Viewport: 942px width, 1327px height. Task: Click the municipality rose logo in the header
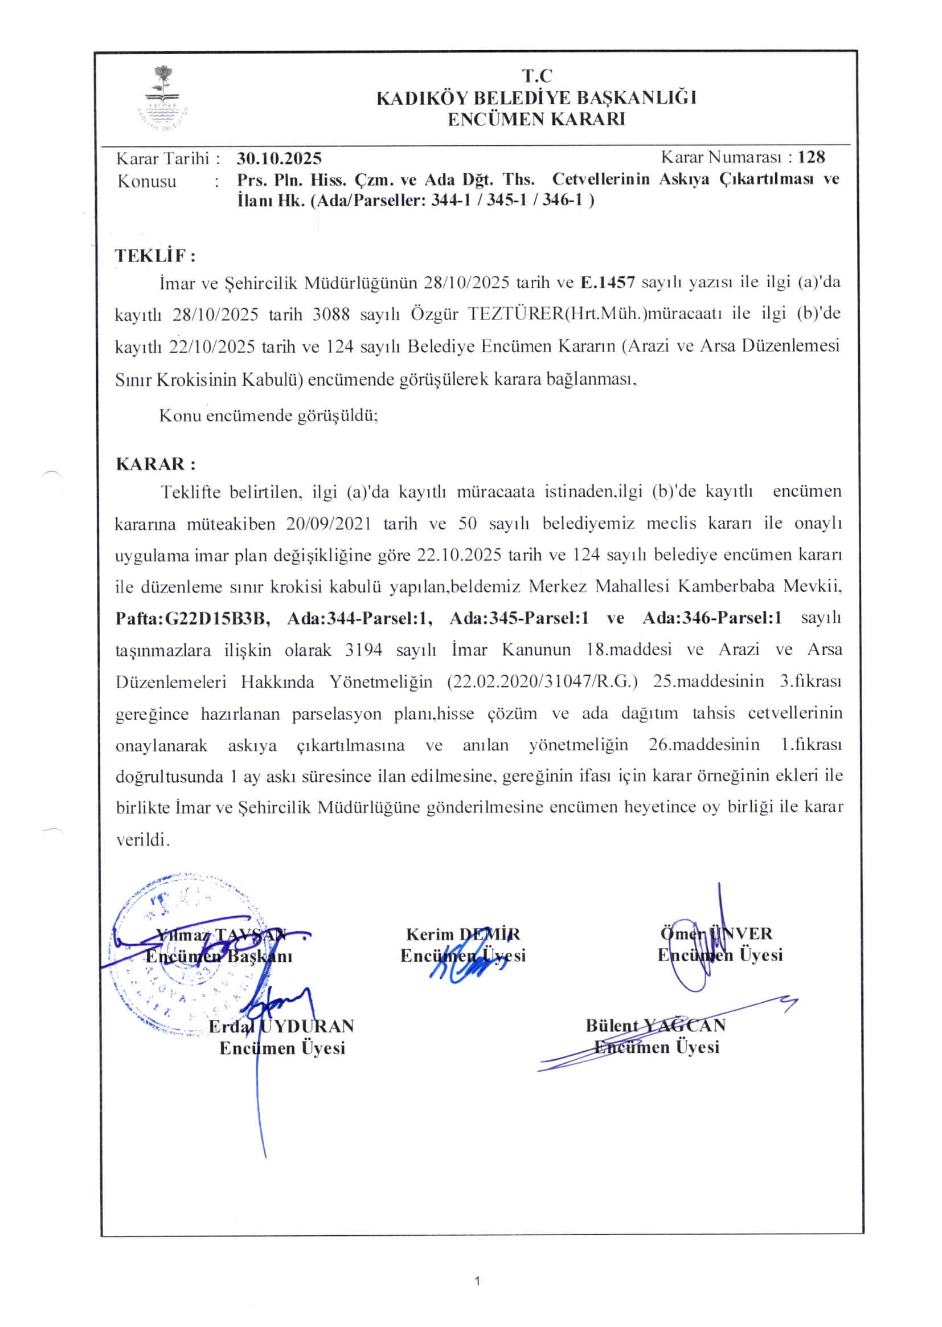(x=163, y=97)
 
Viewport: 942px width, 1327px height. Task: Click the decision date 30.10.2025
(x=279, y=158)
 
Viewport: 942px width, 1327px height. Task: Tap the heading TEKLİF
(x=154, y=255)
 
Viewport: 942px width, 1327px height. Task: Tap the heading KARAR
(x=155, y=464)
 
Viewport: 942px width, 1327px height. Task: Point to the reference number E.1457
(x=608, y=283)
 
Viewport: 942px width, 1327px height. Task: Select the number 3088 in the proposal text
(x=331, y=314)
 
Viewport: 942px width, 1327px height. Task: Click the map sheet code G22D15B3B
(x=218, y=618)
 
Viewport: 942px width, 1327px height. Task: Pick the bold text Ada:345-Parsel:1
(x=519, y=618)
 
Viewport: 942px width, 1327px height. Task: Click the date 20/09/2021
(x=328, y=524)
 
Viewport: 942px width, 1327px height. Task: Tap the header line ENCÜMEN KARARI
(x=536, y=119)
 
